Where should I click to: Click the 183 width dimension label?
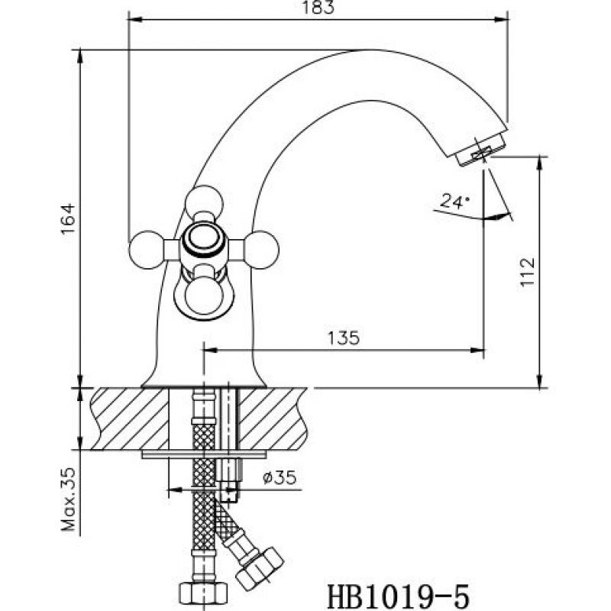point(318,8)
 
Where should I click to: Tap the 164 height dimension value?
point(67,218)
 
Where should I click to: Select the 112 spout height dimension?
point(528,271)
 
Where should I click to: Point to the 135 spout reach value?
point(343,338)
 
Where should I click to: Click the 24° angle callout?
point(455,201)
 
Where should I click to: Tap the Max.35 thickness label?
point(69,499)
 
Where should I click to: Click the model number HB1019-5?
point(399,596)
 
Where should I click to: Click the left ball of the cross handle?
point(147,250)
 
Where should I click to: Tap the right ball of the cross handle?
point(260,250)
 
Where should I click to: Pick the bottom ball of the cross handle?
point(204,297)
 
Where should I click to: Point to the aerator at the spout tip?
point(480,150)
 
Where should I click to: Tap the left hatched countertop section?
point(130,419)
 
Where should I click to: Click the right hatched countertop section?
point(273,419)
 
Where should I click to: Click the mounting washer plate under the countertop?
point(204,454)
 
